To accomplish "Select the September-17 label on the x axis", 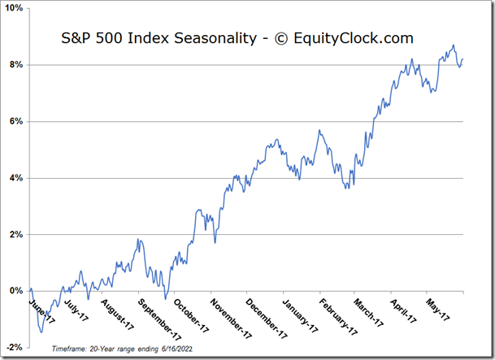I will pyautogui.click(x=158, y=319).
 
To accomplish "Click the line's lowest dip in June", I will pyautogui.click(x=41, y=332).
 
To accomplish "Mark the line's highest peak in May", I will pyautogui.click(x=453, y=45).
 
